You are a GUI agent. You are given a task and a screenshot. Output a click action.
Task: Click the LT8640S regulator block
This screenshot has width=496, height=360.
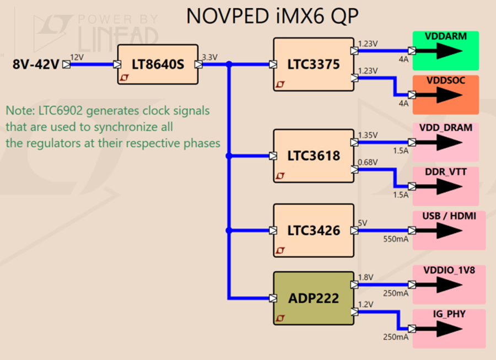click(x=158, y=64)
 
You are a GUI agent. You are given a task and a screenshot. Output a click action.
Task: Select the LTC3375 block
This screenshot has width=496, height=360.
click(x=314, y=65)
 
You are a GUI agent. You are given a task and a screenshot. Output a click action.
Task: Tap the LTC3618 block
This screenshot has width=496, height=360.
click(x=314, y=155)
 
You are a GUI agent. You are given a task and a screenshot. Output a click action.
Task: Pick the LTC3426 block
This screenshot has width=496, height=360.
click(x=314, y=230)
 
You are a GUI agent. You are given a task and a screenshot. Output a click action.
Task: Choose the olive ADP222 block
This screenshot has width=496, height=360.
click(x=314, y=298)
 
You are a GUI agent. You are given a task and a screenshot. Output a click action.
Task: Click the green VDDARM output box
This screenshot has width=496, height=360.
click(x=446, y=51)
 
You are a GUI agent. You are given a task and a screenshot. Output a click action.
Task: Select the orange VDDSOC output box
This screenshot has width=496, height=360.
click(x=446, y=95)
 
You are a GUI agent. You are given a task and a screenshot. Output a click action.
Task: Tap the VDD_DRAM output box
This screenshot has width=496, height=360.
click(x=446, y=142)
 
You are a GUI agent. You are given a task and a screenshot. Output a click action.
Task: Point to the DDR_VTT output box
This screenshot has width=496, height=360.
click(x=446, y=186)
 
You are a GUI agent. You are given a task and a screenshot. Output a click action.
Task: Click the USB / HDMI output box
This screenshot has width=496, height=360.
click(x=449, y=230)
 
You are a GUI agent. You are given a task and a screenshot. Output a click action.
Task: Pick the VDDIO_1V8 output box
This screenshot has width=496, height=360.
click(x=449, y=284)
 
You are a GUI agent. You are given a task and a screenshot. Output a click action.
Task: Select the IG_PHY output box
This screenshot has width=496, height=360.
click(x=449, y=329)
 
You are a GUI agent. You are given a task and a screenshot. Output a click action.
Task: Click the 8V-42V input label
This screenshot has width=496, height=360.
click(x=36, y=64)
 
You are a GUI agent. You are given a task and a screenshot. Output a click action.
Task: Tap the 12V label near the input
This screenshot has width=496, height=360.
click(x=77, y=57)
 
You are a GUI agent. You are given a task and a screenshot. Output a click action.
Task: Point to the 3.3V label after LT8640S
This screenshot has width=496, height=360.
click(x=210, y=57)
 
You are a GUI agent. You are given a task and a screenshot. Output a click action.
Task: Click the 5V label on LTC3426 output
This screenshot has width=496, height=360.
click(x=363, y=223)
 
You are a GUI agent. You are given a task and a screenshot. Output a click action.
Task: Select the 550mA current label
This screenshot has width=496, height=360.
click(x=396, y=239)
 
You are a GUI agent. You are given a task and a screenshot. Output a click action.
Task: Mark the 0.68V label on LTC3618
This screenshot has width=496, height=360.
click(x=368, y=162)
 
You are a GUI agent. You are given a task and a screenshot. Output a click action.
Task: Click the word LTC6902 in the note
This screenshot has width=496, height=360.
click(x=61, y=111)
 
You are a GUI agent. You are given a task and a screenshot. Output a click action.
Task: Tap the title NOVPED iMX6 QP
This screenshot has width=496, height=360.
click(x=272, y=16)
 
